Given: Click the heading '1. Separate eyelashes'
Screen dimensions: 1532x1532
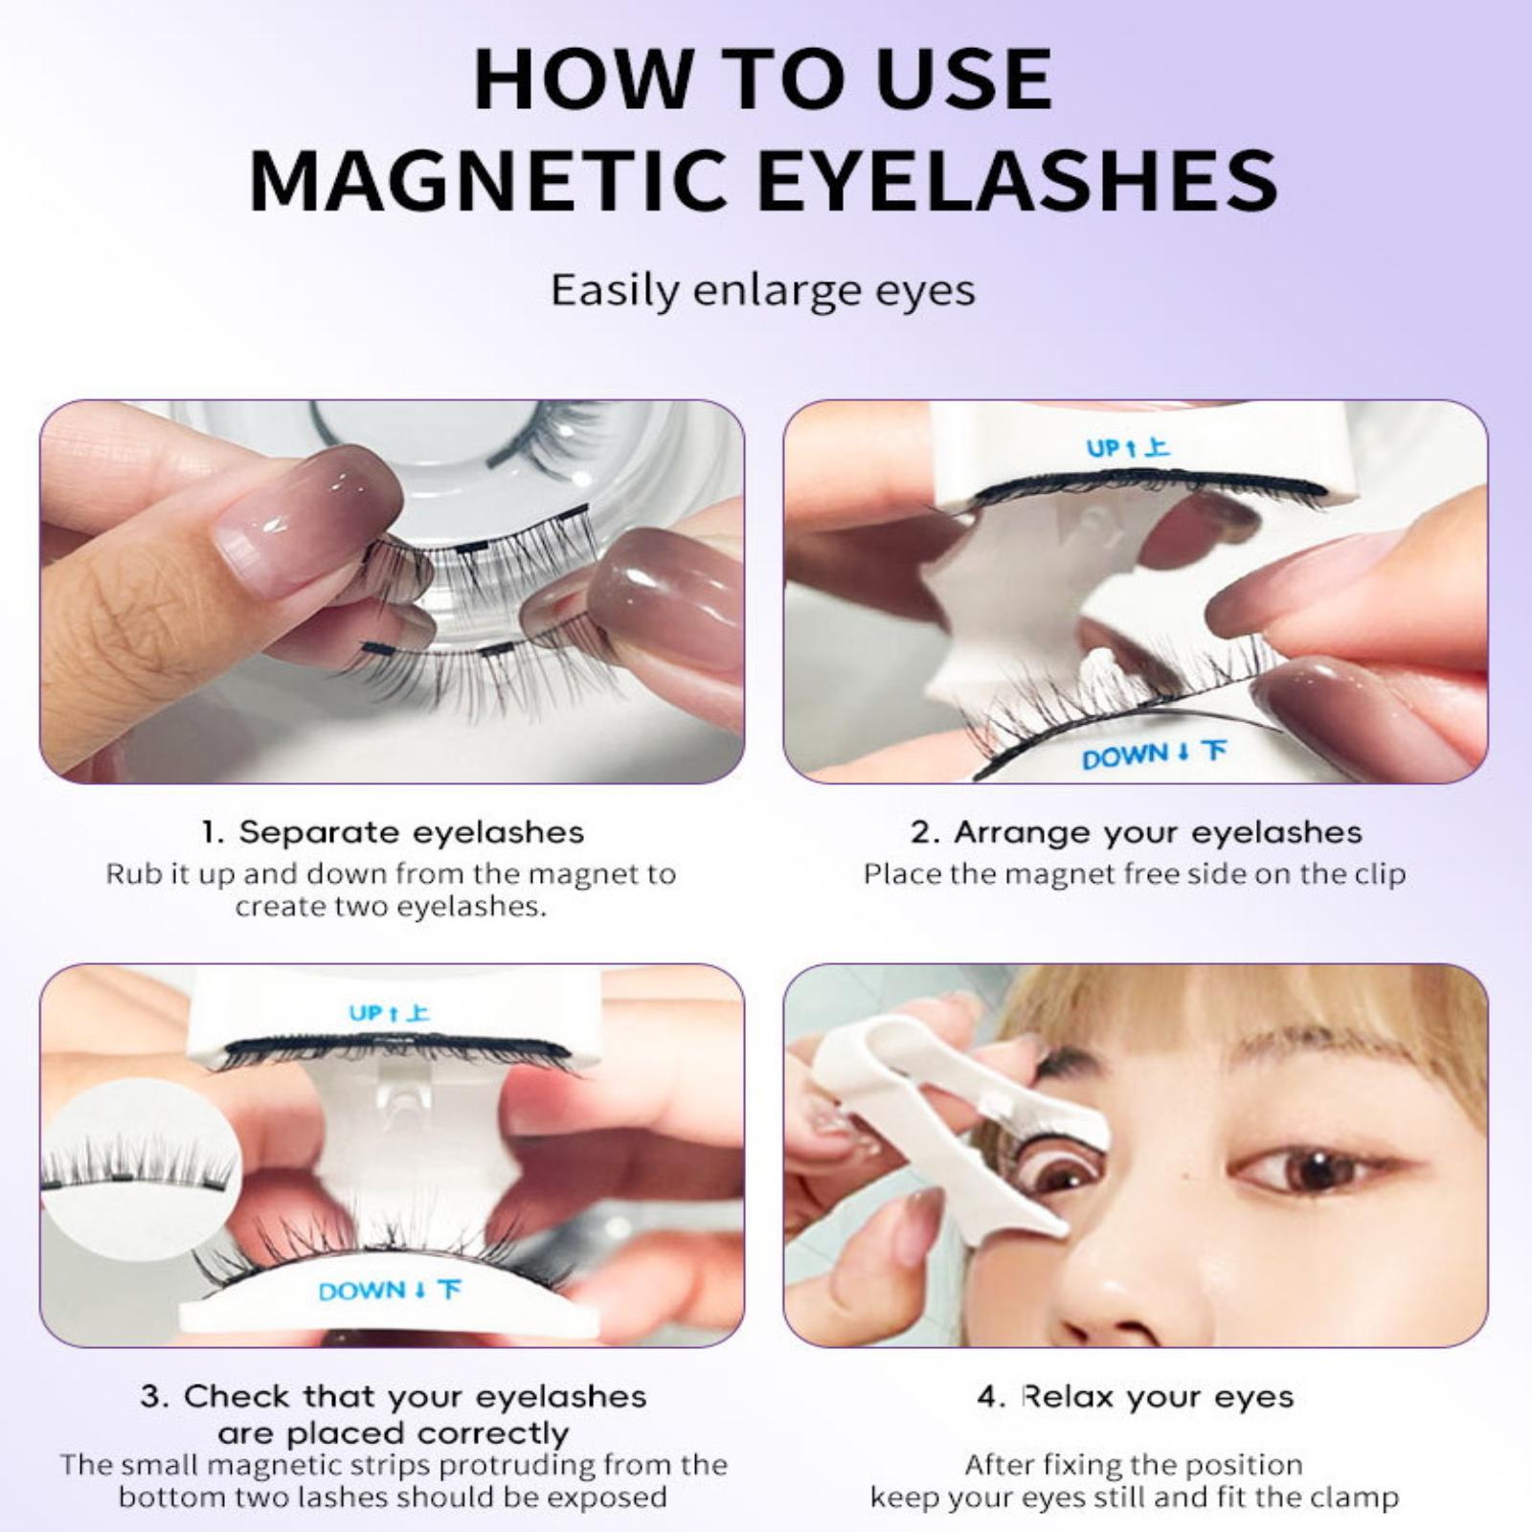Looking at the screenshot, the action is click(x=393, y=832).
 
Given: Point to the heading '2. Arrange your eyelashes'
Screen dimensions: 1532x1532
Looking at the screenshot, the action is click(x=1137, y=832).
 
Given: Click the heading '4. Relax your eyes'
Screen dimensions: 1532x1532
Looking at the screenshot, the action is click(x=1135, y=1397).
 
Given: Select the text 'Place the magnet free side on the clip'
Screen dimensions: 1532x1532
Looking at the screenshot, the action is click(x=1135, y=874).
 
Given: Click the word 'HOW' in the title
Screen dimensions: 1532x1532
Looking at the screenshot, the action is click(x=583, y=79).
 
